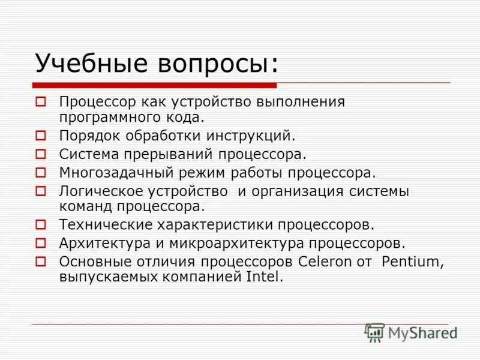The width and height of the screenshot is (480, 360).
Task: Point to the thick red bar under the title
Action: point(154,85)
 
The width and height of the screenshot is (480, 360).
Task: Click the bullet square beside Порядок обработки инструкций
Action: point(41,137)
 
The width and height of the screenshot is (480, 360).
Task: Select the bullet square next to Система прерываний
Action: point(41,155)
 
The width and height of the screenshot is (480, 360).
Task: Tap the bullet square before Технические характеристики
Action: point(41,226)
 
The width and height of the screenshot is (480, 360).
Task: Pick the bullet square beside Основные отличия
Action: point(41,262)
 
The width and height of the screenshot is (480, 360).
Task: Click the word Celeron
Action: point(323,262)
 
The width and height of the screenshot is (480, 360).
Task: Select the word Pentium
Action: point(413,262)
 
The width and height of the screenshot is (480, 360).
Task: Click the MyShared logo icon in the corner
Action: point(375,332)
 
